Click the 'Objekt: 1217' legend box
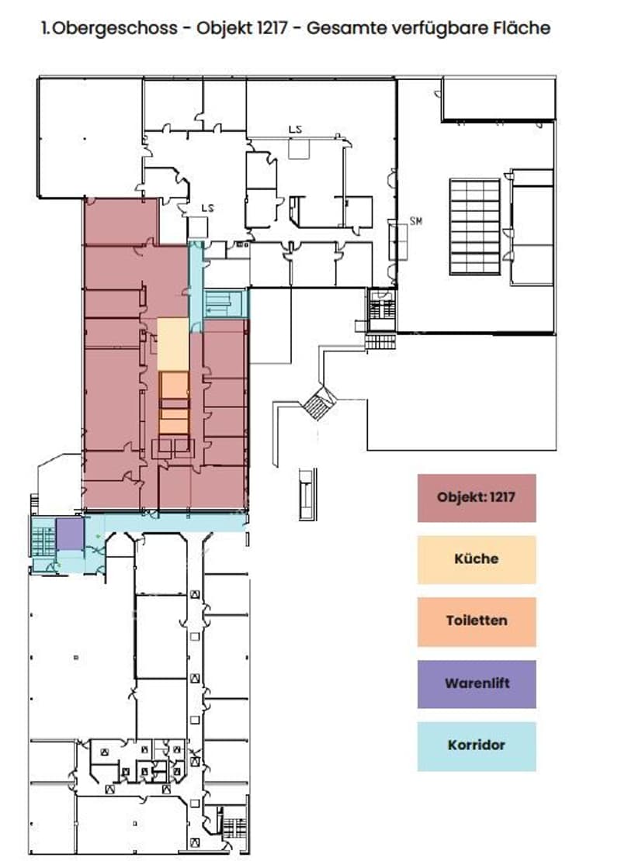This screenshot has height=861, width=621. tap(477, 497)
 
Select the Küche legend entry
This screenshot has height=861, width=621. tap(477, 559)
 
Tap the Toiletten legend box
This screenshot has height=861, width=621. tap(477, 621)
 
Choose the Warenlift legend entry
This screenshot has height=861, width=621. tap(477, 683)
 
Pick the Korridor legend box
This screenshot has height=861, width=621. tap(477, 745)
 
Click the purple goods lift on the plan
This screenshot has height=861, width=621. tap(70, 533)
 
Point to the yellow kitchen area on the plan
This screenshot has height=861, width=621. tap(173, 344)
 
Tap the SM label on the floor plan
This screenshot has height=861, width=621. tap(416, 221)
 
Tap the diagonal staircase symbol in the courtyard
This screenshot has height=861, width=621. tap(318, 403)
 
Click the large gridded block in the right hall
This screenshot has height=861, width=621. tap(475, 226)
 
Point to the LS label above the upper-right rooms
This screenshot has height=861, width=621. tap(295, 129)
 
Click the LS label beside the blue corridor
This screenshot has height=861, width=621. tap(207, 208)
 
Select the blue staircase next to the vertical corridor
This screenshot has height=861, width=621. tap(226, 303)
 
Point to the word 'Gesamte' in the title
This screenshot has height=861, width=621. tap(340, 27)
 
